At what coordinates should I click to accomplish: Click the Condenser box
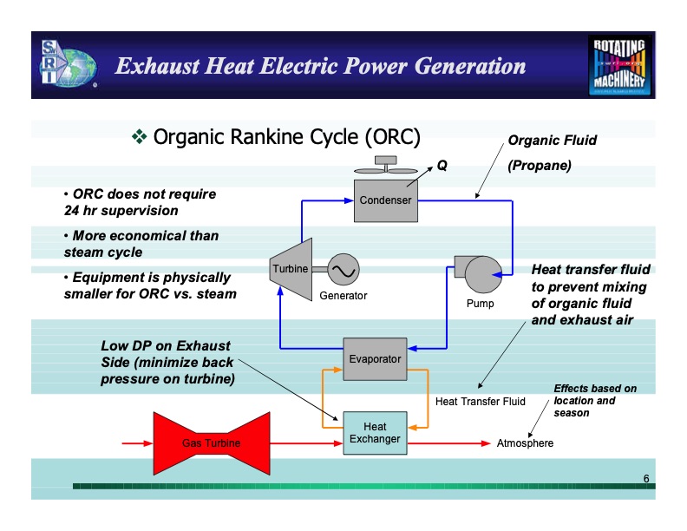tap(386, 200)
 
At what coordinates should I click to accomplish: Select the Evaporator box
tap(375, 358)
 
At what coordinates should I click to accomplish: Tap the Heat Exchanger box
tap(375, 432)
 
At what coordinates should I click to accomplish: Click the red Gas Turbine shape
tap(211, 443)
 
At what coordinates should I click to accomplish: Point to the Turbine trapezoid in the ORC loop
tap(290, 269)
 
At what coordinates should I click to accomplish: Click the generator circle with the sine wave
tap(339, 270)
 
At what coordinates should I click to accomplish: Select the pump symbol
tap(478, 274)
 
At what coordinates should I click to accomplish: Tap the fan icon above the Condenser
tap(384, 164)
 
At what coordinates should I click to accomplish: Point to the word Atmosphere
tap(525, 444)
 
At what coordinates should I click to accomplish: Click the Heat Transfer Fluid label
tap(480, 402)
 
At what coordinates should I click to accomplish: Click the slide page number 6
tap(646, 479)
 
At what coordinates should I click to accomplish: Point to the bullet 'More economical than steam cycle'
tap(141, 244)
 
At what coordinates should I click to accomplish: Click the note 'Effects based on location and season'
tap(595, 400)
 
